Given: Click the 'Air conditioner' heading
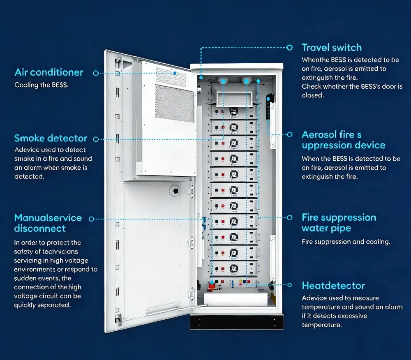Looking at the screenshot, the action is point(49,72).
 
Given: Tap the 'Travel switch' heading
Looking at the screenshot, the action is point(332,47).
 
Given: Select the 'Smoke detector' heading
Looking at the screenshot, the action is point(51,138).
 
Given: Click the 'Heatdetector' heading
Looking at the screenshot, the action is point(333,286).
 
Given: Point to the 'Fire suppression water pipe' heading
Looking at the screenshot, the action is point(339,223).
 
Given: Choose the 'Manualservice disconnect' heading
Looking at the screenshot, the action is point(48,223).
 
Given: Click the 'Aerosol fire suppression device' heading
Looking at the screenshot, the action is point(343,140).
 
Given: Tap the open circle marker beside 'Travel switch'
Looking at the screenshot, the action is point(289,47).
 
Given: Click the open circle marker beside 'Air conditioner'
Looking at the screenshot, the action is point(96,73).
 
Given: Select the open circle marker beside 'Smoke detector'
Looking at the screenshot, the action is point(96,139).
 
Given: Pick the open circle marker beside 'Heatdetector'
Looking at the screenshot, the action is point(289,285).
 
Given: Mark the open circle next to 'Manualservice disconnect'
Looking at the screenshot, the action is point(92,219).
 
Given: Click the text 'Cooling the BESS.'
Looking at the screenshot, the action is point(42,85).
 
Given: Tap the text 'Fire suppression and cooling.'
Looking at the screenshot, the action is point(346,242).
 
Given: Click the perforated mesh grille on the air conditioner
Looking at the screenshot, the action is point(174,103).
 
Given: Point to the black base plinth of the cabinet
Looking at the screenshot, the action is point(237,322).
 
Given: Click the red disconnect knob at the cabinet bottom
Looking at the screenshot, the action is point(212,286).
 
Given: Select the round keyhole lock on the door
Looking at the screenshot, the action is point(175,191).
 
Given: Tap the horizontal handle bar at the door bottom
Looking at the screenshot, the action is point(162,309).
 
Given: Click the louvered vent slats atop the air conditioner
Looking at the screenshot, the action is point(171,75).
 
